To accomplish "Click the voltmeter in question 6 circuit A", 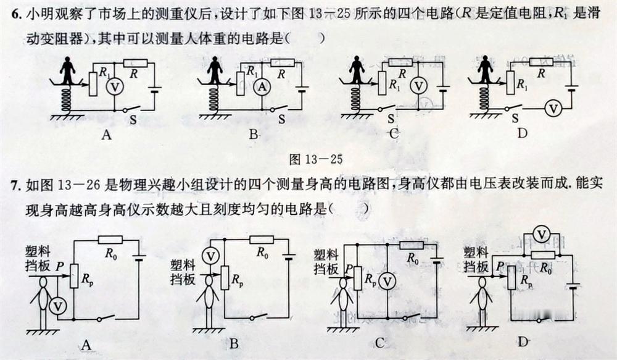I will coord(112,88).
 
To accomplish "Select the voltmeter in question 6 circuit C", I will coord(419,86).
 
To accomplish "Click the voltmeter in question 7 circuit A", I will coord(57,305).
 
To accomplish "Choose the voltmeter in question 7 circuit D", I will coord(541,234).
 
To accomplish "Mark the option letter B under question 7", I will coord(233,345).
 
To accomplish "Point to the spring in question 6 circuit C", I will coord(357,99).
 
